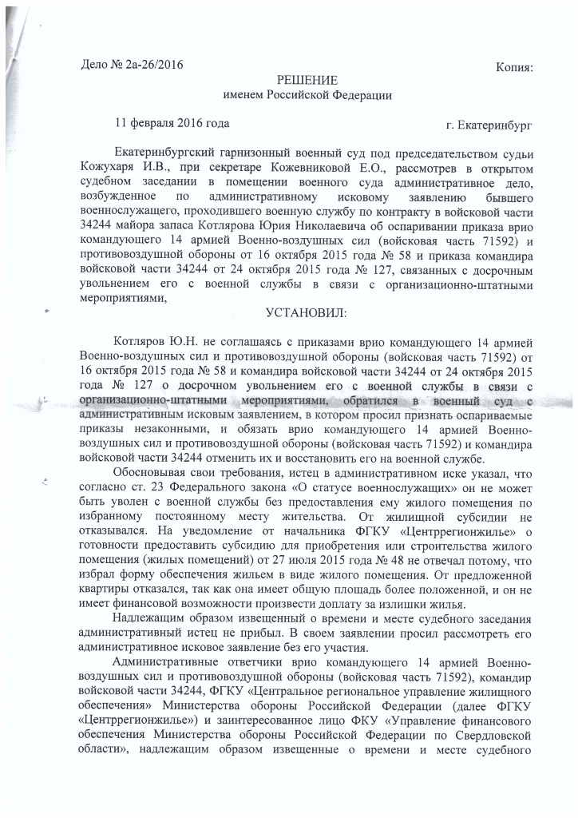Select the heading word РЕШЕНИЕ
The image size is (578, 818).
pos(307,81)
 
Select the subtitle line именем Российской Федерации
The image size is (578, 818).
pos(307,96)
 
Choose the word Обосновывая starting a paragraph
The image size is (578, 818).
pos(152,475)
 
